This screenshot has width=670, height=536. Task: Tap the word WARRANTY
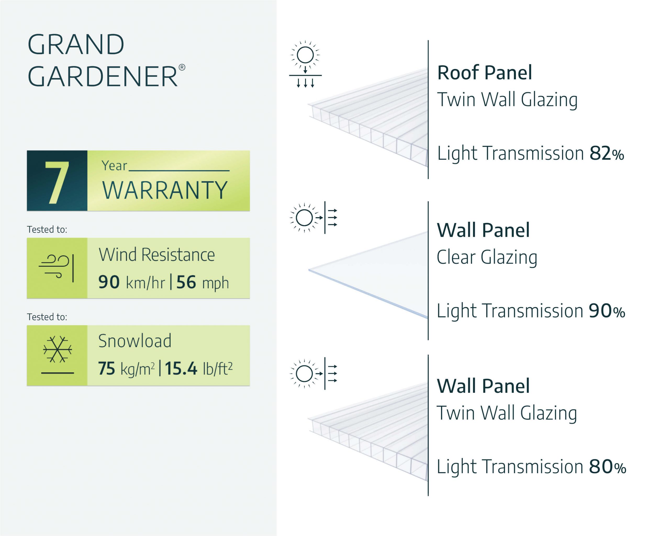tap(165, 190)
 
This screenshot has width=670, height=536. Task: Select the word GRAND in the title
tap(76, 44)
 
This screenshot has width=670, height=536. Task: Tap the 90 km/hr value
tap(131, 282)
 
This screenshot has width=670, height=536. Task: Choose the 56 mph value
tap(202, 282)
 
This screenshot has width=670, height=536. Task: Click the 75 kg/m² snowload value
tap(126, 368)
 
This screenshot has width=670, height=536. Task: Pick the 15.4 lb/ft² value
tap(198, 368)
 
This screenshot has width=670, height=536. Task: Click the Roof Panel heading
tap(484, 73)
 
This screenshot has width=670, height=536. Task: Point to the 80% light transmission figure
tap(607, 467)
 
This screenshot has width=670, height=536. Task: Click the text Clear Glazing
tap(487, 257)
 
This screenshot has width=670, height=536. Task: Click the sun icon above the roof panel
tap(305, 55)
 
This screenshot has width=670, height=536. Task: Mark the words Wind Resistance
tap(157, 255)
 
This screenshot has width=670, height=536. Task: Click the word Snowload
tap(135, 341)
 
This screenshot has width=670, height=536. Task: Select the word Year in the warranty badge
tap(114, 166)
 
